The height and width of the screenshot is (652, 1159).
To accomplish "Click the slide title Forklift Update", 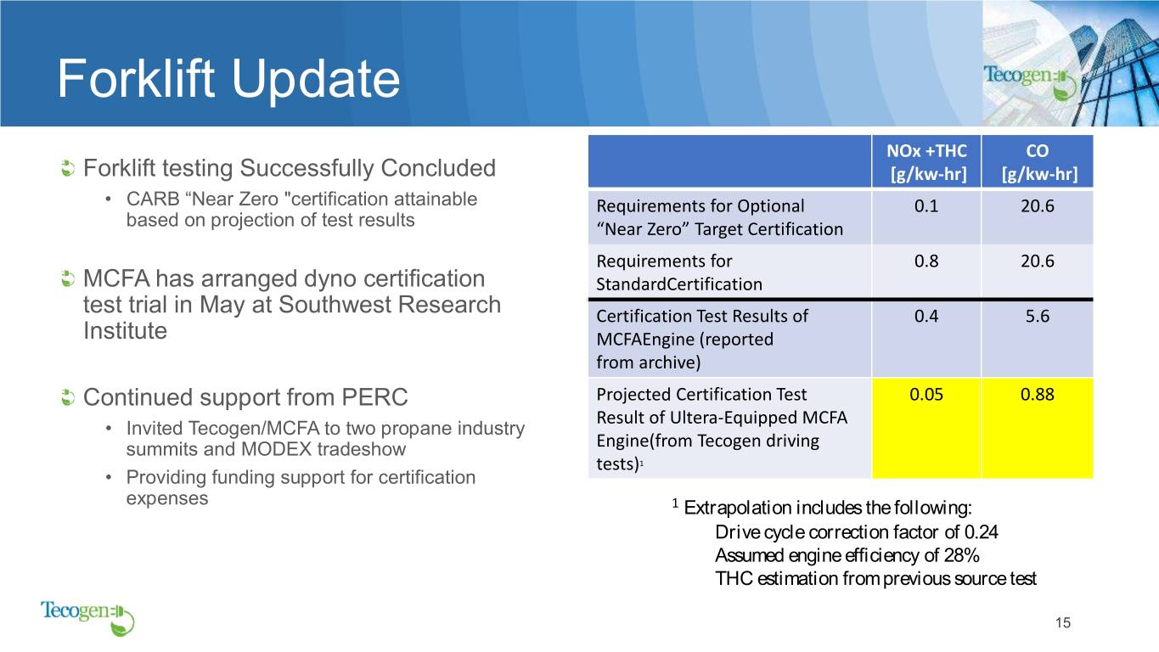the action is pyautogui.click(x=228, y=79).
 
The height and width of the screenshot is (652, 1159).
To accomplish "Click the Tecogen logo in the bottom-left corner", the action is pyautogui.click(x=87, y=618).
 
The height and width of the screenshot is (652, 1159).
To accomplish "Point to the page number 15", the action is pyautogui.click(x=1063, y=622).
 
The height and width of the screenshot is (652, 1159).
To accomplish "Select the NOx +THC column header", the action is pyautogui.click(x=926, y=161).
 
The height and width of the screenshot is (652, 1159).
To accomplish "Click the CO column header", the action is pyautogui.click(x=1038, y=161).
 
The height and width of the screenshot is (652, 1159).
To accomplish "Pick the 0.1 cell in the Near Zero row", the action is pyautogui.click(x=926, y=206).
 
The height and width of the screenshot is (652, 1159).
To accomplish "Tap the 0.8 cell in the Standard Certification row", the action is pyautogui.click(x=926, y=261).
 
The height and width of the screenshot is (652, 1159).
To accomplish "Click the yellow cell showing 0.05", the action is pyautogui.click(x=926, y=428).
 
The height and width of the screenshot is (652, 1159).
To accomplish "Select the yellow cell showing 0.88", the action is pyautogui.click(x=1038, y=428).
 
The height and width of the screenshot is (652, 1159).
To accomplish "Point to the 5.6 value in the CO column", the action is pyautogui.click(x=1038, y=316).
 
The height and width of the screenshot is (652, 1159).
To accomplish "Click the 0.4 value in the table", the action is pyautogui.click(x=926, y=316).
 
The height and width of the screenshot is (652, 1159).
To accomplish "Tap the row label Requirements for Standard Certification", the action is pyautogui.click(x=679, y=273).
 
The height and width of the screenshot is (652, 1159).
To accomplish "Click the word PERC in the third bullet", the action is pyautogui.click(x=374, y=397).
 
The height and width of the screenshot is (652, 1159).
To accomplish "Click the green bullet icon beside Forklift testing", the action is pyautogui.click(x=67, y=168).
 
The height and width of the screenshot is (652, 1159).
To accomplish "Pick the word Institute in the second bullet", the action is pyautogui.click(x=125, y=330).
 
